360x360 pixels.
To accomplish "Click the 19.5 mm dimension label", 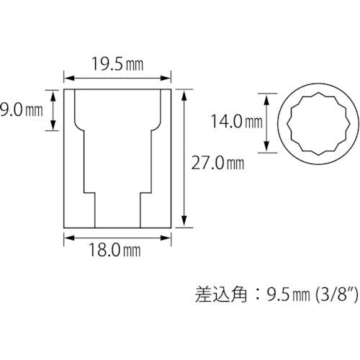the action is pos(117,64).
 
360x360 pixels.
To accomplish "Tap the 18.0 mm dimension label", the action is pos(114,250).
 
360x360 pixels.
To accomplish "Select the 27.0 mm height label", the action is pos(217,163).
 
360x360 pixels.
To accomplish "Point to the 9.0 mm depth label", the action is pos(22,110).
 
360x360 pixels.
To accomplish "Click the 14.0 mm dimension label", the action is pos(237,121).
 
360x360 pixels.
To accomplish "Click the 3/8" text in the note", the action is pos(336,294).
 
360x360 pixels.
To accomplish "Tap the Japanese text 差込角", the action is pos(221,294).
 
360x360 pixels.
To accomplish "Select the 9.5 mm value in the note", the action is pos(288,294).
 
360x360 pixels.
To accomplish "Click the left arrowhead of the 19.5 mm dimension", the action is pos(68,78).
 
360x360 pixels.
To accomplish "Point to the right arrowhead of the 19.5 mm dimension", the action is pos(166,78).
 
